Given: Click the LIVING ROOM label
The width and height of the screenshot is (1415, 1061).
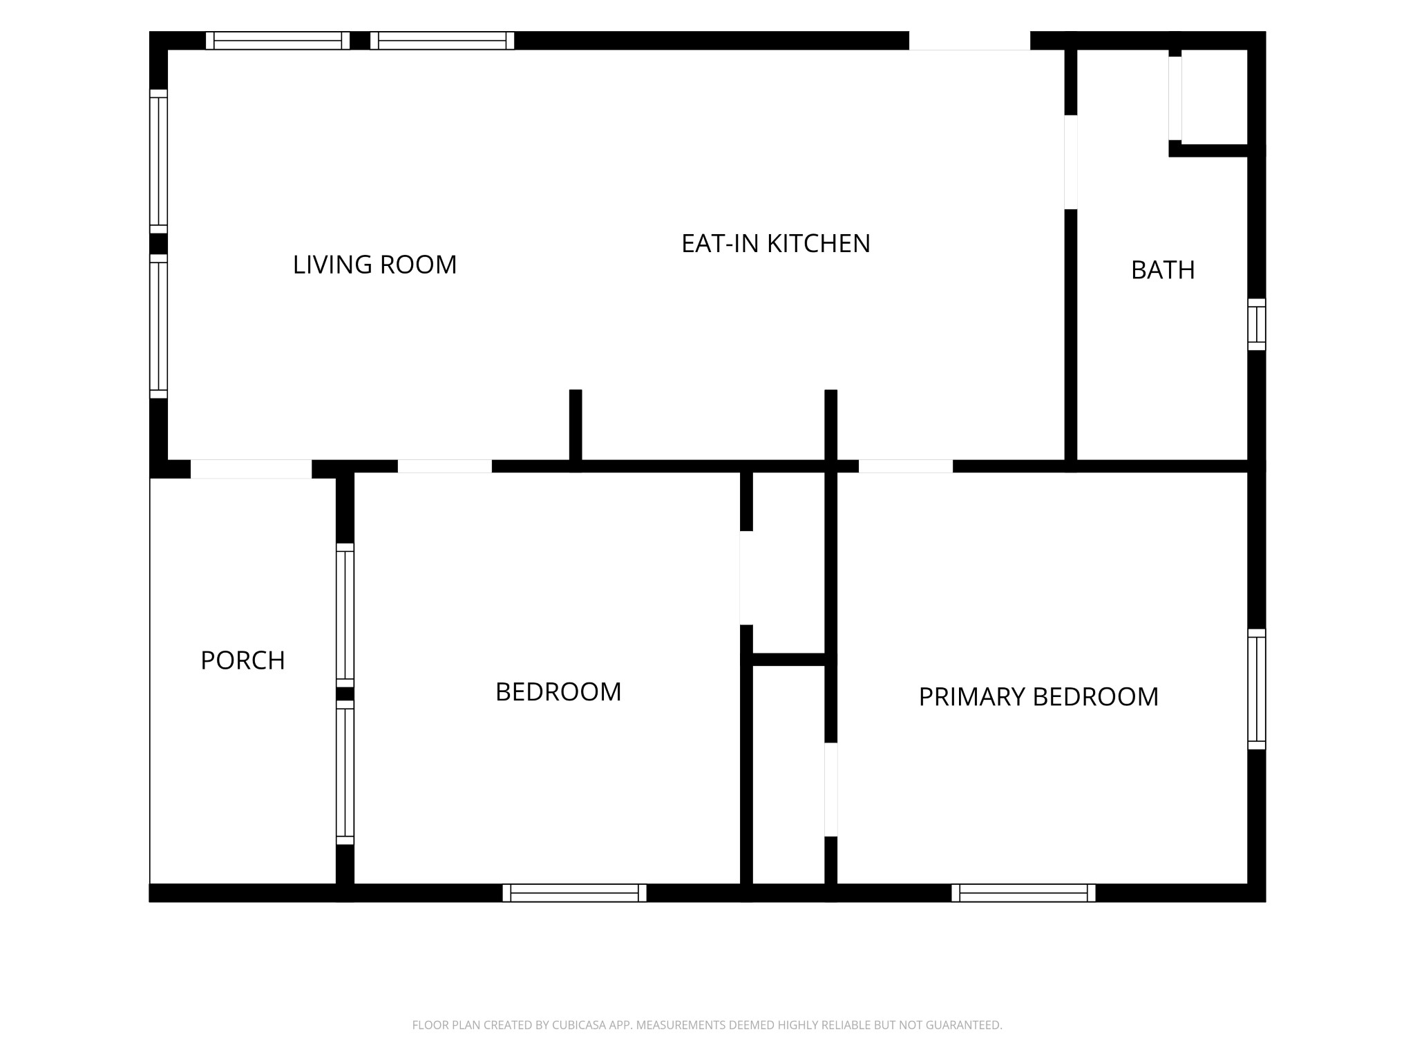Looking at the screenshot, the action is [374, 265].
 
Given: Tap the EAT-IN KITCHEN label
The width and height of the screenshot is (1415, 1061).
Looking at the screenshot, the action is [775, 243].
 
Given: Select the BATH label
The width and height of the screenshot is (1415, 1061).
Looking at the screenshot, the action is [1163, 270].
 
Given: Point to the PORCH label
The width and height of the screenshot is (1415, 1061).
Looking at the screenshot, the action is [243, 660].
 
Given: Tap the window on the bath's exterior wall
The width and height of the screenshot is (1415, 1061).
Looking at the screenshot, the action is [1257, 325].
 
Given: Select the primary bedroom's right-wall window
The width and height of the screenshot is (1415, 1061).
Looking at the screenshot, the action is [1257, 689].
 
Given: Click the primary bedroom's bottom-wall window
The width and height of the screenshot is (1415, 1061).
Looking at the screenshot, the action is [1023, 893].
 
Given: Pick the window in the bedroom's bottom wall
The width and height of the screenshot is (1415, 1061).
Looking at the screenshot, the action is [574, 893].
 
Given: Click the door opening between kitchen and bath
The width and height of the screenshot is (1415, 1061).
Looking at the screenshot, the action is [1071, 162].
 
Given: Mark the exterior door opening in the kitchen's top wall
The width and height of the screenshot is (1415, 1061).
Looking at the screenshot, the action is [969, 41].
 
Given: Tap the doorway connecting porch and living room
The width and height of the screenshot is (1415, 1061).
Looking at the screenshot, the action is [251, 469].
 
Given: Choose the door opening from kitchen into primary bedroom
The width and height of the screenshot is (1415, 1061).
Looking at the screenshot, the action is [906, 466].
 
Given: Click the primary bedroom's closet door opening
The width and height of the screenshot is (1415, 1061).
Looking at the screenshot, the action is [831, 790].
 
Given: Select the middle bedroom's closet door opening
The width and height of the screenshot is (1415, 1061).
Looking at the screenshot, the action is [746, 578].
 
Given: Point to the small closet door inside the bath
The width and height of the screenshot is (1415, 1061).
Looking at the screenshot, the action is [1175, 98].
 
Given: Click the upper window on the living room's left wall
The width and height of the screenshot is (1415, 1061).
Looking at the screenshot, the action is [159, 162].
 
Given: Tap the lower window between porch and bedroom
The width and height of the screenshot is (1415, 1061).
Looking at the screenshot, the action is [345, 773].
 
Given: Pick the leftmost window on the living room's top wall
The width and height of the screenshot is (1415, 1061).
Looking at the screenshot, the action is [278, 41].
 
